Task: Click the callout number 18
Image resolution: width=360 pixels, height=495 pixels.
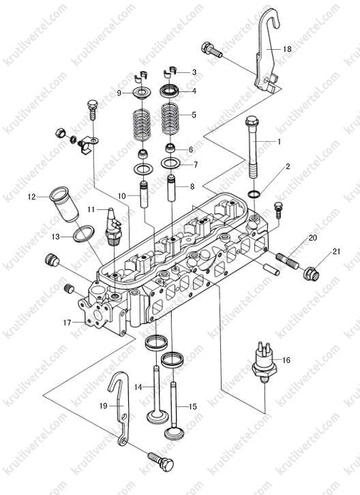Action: [x=287, y=49]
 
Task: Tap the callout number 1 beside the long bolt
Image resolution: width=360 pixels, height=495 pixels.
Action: [x=279, y=142]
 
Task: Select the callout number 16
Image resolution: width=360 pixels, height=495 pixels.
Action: [x=286, y=360]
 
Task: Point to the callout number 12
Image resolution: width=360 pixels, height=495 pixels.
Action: [x=31, y=197]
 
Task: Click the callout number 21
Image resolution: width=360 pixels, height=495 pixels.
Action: [x=337, y=252]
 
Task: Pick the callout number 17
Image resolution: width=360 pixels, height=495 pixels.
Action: [x=67, y=322]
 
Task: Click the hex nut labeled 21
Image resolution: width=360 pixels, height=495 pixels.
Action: [x=311, y=273]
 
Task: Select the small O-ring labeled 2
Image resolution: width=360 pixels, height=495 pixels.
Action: [x=254, y=194]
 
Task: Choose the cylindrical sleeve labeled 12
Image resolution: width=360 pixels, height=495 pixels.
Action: [x=63, y=205]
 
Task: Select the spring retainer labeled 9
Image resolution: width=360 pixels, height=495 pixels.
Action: [x=141, y=93]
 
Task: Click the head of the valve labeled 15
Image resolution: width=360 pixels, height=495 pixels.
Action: [x=174, y=432]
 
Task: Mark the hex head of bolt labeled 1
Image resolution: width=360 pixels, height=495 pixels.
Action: [x=252, y=121]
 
